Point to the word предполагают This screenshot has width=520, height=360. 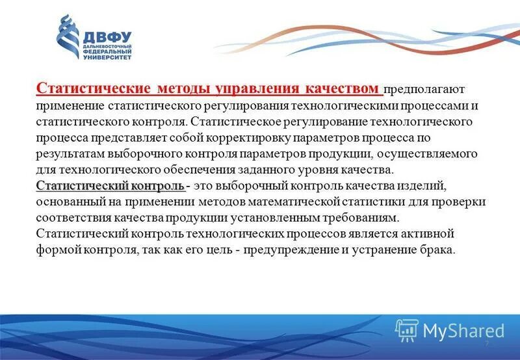coord(424,90)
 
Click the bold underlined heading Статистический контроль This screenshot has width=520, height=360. coord(110,186)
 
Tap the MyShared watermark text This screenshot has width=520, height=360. coord(463,331)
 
